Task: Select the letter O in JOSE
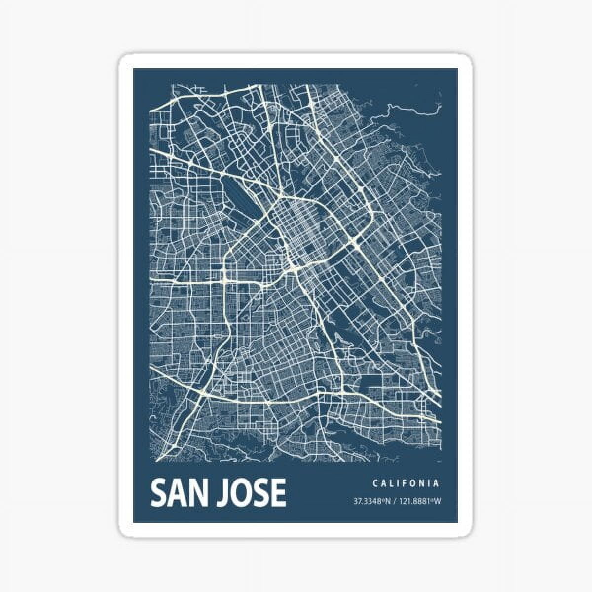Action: [x=240, y=492]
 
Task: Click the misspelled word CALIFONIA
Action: [x=406, y=483]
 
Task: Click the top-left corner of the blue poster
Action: [x=134, y=69]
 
